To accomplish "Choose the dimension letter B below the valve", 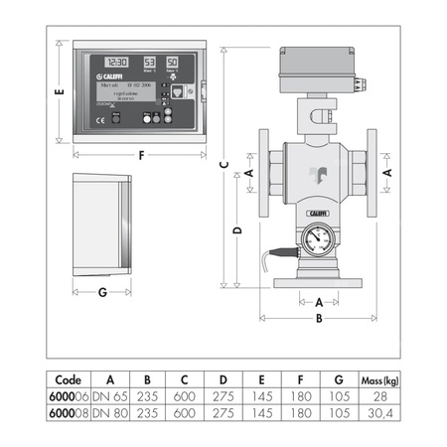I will [318, 319].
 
